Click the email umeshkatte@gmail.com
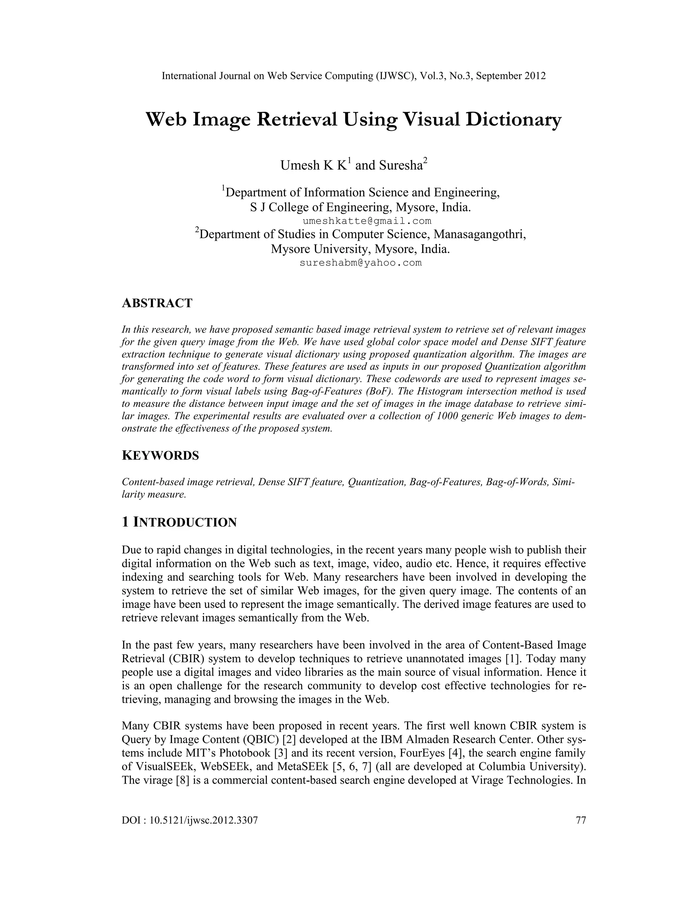pyautogui.click(x=367, y=221)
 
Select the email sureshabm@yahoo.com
pyautogui.click(x=360, y=263)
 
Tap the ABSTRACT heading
pyautogui.click(x=157, y=303)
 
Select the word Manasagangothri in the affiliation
pyautogui.click(x=480, y=235)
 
